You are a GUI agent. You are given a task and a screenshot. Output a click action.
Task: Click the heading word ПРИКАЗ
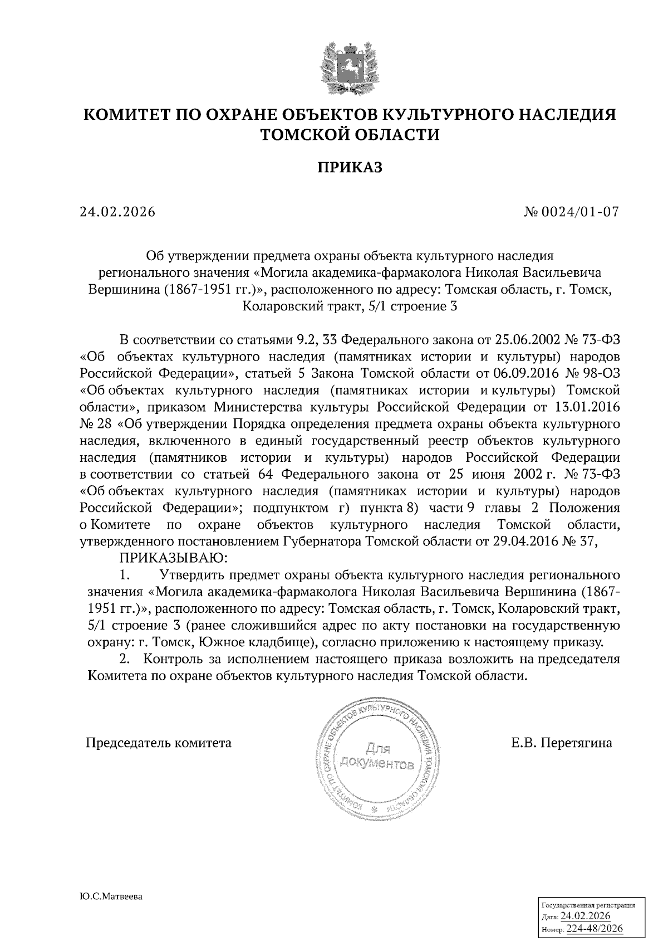tap(350, 167)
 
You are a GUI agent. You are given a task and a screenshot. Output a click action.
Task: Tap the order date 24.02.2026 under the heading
tap(117, 213)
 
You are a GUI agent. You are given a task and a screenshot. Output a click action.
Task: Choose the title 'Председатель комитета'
tap(158, 743)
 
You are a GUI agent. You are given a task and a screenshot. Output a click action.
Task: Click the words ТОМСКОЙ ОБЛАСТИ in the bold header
tap(350, 134)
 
